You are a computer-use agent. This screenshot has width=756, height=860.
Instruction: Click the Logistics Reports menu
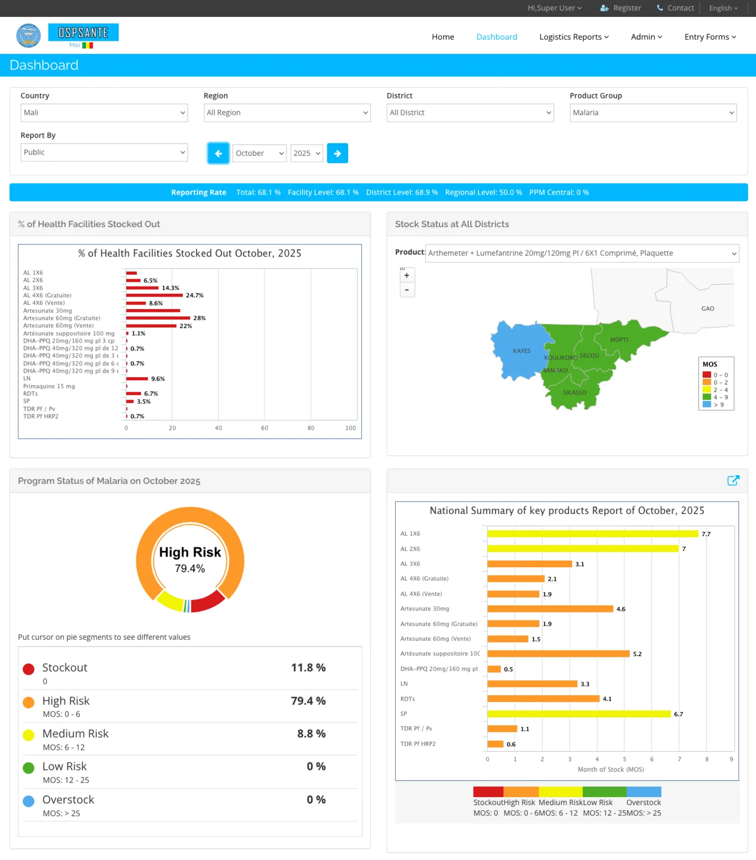(574, 37)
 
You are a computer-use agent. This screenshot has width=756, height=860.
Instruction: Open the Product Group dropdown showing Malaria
(653, 113)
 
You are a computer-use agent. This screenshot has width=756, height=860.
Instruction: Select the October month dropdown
(259, 153)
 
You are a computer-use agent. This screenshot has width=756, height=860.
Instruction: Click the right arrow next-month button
(338, 153)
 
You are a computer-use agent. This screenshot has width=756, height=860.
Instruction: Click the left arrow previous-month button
(218, 153)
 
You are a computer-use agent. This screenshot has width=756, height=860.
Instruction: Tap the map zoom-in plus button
(407, 276)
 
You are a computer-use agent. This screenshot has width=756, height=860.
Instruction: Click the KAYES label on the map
(522, 351)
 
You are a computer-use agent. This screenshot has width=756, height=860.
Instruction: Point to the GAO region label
(707, 309)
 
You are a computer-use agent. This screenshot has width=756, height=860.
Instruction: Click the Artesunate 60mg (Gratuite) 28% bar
(158, 318)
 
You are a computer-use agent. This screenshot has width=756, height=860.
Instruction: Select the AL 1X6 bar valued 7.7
(592, 534)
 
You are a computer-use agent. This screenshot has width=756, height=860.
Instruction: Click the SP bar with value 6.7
(579, 714)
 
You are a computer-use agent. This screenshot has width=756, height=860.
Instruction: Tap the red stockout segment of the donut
(207, 602)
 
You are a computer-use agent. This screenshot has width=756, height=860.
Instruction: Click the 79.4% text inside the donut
(190, 568)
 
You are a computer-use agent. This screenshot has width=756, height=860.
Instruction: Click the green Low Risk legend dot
(29, 768)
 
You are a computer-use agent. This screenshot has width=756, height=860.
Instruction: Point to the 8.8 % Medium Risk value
(311, 734)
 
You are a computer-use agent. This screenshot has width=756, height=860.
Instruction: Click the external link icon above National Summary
(733, 481)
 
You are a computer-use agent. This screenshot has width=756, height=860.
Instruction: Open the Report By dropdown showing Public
(104, 152)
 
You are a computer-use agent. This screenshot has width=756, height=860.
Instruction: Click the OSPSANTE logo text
(83, 33)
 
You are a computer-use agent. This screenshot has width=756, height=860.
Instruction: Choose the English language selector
(723, 8)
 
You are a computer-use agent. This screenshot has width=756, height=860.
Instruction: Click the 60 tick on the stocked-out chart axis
(264, 428)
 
